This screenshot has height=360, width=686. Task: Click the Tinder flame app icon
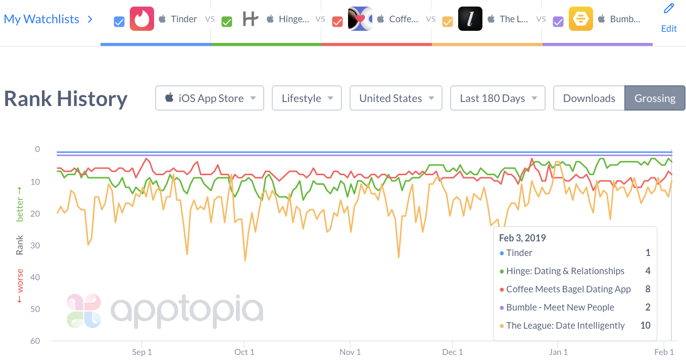[142, 19]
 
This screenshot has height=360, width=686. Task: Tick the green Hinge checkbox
[227, 22]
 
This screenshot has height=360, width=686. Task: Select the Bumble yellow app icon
[581, 19]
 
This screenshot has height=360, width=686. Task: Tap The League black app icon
[470, 19]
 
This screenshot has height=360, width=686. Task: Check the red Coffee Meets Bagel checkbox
[337, 22]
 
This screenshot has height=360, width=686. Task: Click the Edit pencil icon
[669, 9]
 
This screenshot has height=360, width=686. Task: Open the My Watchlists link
[41, 19]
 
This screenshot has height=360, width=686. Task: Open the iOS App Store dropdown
[210, 98]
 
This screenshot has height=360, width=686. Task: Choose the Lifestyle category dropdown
[307, 98]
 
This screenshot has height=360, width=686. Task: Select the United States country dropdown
[396, 98]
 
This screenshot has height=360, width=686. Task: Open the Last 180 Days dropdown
[498, 98]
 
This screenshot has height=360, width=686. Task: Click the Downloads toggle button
[589, 98]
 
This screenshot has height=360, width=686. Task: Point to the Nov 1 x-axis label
[351, 352]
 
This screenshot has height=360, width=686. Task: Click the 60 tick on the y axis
[35, 341]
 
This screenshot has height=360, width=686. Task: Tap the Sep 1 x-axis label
[142, 352]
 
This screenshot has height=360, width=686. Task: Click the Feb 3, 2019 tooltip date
[522, 238]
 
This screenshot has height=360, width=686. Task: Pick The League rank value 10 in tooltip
[645, 326]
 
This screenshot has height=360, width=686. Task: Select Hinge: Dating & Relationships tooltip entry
[565, 271]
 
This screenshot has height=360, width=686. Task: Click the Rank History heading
[66, 98]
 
